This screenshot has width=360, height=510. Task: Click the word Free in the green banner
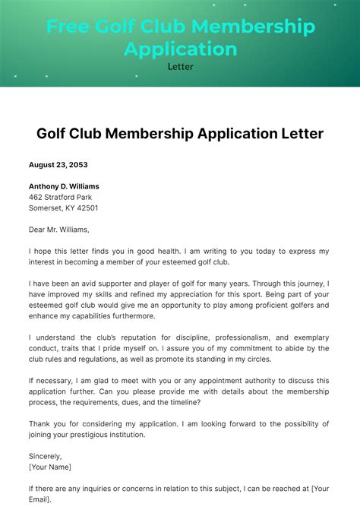click(68, 27)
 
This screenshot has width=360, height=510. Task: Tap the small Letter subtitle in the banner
click(180, 67)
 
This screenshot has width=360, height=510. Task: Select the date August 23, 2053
click(58, 165)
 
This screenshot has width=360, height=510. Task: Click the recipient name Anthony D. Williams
click(64, 186)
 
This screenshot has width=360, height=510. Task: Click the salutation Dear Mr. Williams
click(59, 230)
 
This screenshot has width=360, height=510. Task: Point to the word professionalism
click(251, 337)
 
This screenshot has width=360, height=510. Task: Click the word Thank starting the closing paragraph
click(41, 423)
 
